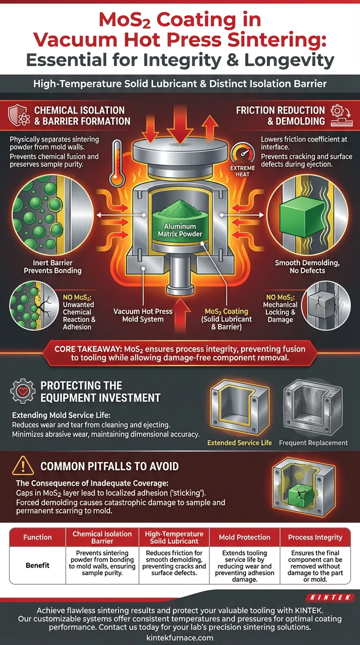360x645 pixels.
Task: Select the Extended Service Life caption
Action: point(240,442)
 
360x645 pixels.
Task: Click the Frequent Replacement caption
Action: point(313,442)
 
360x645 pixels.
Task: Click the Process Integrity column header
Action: point(315,537)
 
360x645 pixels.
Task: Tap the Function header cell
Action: point(38,537)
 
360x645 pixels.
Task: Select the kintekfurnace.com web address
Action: point(180,637)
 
